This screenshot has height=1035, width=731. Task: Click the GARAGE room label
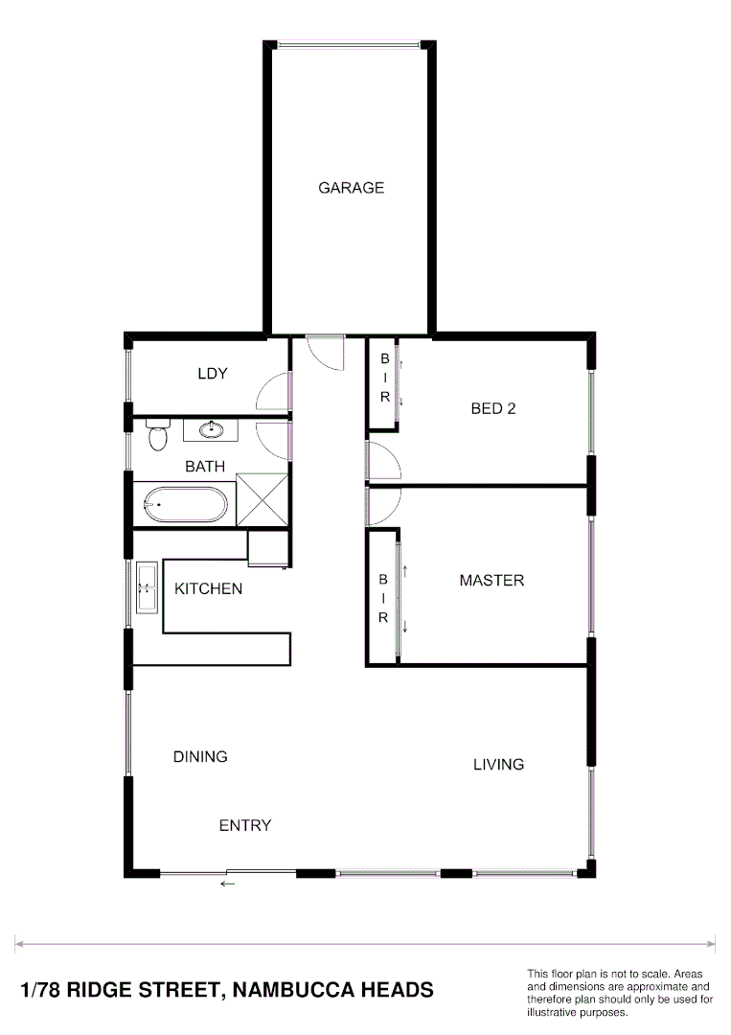(x=351, y=188)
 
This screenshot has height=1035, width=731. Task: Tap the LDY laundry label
(x=213, y=374)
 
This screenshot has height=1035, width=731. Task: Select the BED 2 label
(x=493, y=408)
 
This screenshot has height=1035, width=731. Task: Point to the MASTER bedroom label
(x=491, y=580)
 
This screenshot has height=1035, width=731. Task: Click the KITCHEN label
(x=208, y=588)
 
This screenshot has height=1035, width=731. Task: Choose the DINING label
(x=200, y=756)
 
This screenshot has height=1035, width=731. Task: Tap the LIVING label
(x=498, y=764)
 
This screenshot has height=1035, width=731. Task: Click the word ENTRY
(x=245, y=825)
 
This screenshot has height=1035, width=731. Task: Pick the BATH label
(x=205, y=467)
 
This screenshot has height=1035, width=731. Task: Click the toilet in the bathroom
(x=157, y=436)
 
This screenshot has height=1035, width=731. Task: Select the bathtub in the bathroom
(x=186, y=503)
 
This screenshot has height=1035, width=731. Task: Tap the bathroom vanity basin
(x=212, y=429)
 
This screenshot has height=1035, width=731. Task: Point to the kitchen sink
(x=148, y=587)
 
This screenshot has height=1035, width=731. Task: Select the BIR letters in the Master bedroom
(x=382, y=599)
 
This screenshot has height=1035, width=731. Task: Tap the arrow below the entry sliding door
(x=227, y=884)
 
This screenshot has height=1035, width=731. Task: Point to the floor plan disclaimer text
(x=619, y=992)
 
